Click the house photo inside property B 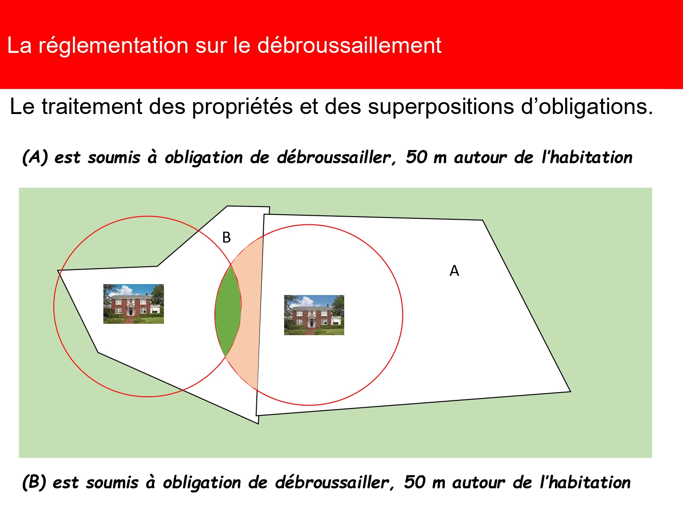(x=133, y=304)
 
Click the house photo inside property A (x=314, y=315)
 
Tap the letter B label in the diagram (x=226, y=238)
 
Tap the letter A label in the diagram (x=454, y=271)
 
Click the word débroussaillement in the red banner (x=349, y=46)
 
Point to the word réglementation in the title (x=113, y=46)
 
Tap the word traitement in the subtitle (x=92, y=107)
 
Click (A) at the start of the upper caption (x=35, y=157)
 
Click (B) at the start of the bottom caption (x=34, y=482)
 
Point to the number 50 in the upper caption (x=417, y=157)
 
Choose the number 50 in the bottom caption (x=415, y=482)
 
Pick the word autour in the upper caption (x=480, y=157)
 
